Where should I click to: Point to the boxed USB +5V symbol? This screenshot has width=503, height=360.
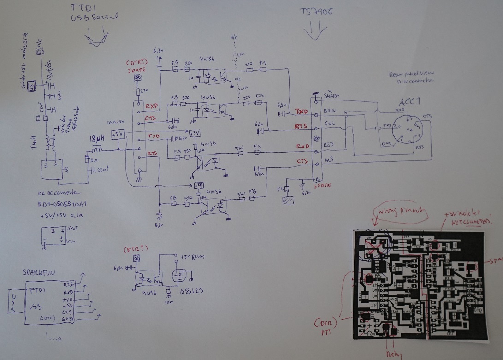tap(118, 134)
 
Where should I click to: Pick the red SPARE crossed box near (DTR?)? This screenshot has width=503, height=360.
tap(137, 78)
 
